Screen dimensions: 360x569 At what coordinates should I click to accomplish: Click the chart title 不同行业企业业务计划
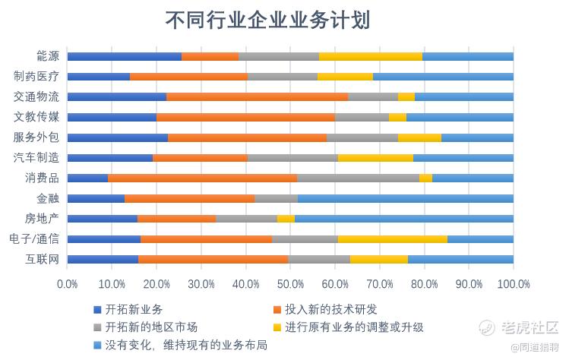pos(267,20)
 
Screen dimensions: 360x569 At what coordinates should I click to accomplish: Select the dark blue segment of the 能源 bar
pos(125,56)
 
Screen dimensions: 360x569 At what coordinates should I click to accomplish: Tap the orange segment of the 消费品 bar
pos(202,178)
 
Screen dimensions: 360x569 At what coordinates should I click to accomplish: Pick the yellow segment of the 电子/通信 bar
pos(392,239)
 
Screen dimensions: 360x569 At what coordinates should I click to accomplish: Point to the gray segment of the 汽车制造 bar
pos(292,158)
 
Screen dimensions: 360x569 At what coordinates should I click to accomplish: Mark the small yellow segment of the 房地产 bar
pos(286,219)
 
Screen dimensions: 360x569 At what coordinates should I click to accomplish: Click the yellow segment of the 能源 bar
pos(371,56)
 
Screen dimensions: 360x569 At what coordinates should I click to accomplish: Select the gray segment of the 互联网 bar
pos(319,259)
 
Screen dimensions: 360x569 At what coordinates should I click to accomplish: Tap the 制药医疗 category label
pos(36,77)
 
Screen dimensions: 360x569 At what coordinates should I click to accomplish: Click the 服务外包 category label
pos(36,137)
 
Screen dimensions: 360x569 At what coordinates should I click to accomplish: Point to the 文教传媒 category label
pos(36,117)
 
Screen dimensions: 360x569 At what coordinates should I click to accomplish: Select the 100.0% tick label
pos(514,284)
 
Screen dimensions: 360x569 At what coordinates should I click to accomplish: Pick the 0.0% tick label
pos(68,284)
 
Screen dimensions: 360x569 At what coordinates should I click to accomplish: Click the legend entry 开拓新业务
pos(134,310)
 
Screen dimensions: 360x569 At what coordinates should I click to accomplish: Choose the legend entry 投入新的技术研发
pos(330,310)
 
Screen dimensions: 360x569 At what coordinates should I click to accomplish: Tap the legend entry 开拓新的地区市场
pos(152,327)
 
